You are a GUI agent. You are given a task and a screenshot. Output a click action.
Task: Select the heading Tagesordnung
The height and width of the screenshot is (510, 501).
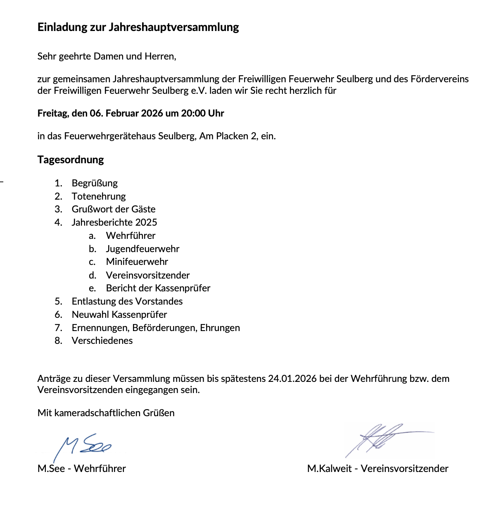71,160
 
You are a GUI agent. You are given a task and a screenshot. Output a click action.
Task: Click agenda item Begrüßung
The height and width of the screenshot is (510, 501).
95,183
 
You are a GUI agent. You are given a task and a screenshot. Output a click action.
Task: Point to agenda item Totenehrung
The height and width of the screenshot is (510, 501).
99,196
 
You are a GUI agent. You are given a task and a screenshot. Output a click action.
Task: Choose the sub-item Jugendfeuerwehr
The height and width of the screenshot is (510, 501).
142,249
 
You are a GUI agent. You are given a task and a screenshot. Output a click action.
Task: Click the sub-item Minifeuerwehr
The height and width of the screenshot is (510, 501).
137,262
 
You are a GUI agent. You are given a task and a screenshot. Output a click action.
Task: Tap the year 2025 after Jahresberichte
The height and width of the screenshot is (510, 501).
146,222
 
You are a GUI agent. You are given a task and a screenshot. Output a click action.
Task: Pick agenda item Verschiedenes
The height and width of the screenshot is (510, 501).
102,341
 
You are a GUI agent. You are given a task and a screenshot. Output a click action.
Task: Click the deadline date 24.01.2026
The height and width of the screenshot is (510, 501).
292,379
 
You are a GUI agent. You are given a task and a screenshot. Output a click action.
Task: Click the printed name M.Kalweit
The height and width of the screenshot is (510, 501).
329,469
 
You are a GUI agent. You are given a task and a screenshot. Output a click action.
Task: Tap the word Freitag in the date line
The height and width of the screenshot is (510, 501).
53,113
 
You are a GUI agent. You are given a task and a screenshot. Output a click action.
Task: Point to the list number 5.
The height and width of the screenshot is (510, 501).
58,301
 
